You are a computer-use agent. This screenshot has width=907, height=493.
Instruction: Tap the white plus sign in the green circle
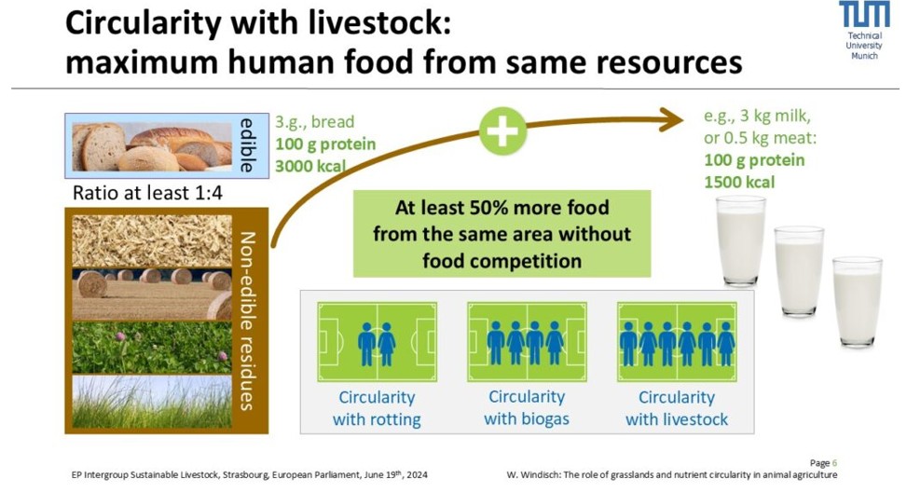[503, 130]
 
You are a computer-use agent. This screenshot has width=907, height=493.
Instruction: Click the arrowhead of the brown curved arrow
[673, 120]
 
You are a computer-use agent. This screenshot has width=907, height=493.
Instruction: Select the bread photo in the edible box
[152, 146]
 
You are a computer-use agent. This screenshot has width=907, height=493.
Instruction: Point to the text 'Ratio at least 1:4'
[147, 193]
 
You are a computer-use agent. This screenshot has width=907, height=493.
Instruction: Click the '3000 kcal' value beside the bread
[310, 166]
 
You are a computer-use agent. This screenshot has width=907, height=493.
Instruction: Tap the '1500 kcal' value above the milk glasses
[739, 183]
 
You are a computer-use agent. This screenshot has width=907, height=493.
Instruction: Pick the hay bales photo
[152, 294]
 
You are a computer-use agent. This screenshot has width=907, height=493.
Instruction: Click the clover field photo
[152, 348]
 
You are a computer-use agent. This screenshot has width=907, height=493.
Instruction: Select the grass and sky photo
[152, 402]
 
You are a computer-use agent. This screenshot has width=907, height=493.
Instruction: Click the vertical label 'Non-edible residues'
[248, 322]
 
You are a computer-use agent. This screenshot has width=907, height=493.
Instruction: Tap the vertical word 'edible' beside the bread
[247, 145]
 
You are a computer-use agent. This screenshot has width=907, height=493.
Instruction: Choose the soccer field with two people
[378, 342]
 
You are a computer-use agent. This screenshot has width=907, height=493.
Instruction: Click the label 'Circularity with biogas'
[527, 408]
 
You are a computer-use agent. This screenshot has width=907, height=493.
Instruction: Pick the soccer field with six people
[677, 342]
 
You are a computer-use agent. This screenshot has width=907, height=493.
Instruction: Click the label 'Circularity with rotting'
[377, 408]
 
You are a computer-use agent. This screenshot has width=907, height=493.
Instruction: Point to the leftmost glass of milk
[741, 240]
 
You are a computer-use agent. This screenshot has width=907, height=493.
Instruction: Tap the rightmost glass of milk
[858, 301]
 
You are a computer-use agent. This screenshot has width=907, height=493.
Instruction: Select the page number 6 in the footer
[834, 463]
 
